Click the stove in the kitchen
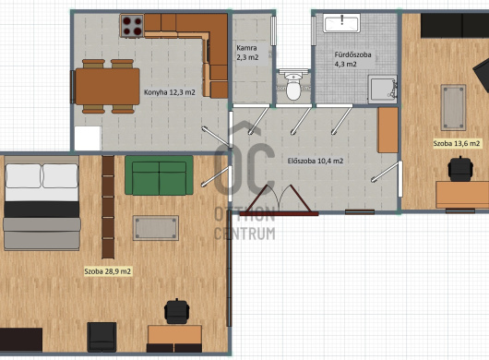tap(132, 26)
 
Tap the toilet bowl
tap(293, 85)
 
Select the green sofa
tap(159, 175)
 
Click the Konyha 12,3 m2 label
tap(170, 92)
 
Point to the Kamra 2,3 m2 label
tap(247, 53)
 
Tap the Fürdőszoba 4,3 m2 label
tap(352, 59)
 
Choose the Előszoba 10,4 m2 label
tap(316, 161)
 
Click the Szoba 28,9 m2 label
tap(108, 271)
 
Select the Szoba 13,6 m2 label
tap(457, 143)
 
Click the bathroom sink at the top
tap(341, 23)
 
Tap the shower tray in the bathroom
tap(382, 89)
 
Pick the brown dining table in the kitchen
tap(107, 87)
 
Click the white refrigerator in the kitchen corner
tap(88, 138)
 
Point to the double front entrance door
tap(280, 200)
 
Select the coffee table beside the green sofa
tap(156, 228)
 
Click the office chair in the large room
tap(177, 311)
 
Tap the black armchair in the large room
tap(101, 337)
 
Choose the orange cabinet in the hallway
tap(388, 130)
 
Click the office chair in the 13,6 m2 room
tap(460, 169)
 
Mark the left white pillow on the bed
tap(23, 176)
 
